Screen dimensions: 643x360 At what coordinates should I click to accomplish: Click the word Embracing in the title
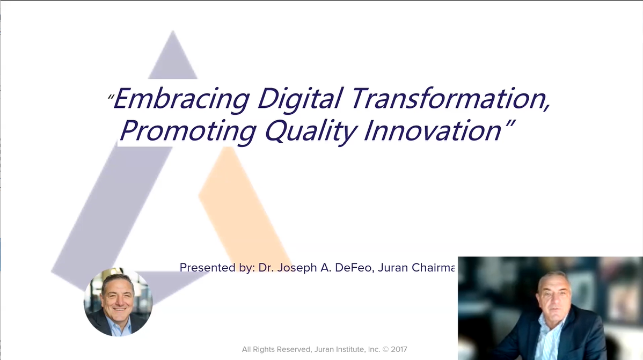181,99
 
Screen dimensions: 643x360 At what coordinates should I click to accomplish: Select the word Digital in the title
299,99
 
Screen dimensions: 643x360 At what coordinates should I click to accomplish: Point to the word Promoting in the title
188,131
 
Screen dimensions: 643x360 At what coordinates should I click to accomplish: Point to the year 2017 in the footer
399,349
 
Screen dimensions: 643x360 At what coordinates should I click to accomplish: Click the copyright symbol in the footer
385,349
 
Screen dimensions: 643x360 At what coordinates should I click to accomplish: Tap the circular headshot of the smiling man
118,302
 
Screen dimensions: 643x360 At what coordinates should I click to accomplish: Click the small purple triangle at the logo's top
173,55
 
